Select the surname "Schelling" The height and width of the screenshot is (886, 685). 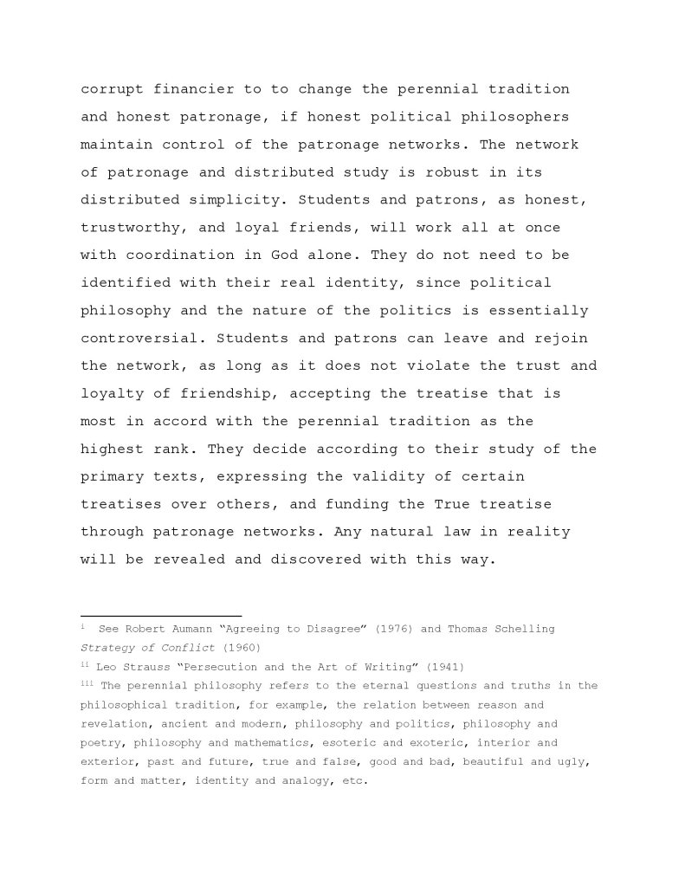coord(520,629)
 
